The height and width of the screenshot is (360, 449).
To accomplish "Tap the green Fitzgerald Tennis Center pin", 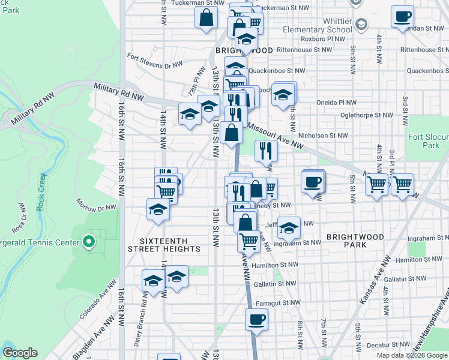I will click(x=89, y=242).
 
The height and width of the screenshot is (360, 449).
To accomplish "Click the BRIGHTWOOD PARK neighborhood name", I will click(x=355, y=241).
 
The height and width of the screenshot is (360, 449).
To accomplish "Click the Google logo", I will click(x=20, y=353).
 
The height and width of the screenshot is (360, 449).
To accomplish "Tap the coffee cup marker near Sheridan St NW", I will click(x=402, y=17).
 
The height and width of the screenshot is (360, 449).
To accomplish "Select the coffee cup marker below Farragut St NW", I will click(x=256, y=319).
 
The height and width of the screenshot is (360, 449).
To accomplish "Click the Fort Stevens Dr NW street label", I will click(x=154, y=59).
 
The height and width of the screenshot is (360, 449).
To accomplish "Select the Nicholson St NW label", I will click(x=324, y=136).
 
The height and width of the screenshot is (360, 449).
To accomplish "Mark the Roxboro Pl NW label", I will click(x=323, y=38).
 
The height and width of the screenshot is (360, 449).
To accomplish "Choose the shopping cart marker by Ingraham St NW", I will click(x=248, y=241).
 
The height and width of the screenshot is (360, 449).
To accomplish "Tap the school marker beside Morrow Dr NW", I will click(x=158, y=209).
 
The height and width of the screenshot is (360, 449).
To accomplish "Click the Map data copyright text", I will click(x=411, y=355).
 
